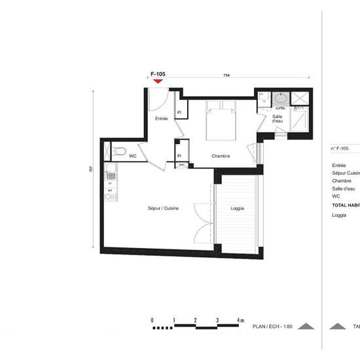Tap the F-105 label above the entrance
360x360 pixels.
[x=158, y=75]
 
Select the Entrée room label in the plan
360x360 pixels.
[x=161, y=118]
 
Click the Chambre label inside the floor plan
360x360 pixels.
[x=220, y=156]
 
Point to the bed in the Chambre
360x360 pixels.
[x=221, y=122]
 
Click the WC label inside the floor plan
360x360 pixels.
[x=133, y=156]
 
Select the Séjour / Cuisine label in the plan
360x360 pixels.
[x=163, y=207]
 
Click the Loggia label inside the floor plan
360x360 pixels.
[x=238, y=207]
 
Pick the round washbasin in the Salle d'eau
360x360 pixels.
[x=281, y=99]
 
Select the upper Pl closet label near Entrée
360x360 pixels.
[x=179, y=113]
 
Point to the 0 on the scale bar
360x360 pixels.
[x=152, y=320]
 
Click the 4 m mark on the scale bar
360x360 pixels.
[x=240, y=320]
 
